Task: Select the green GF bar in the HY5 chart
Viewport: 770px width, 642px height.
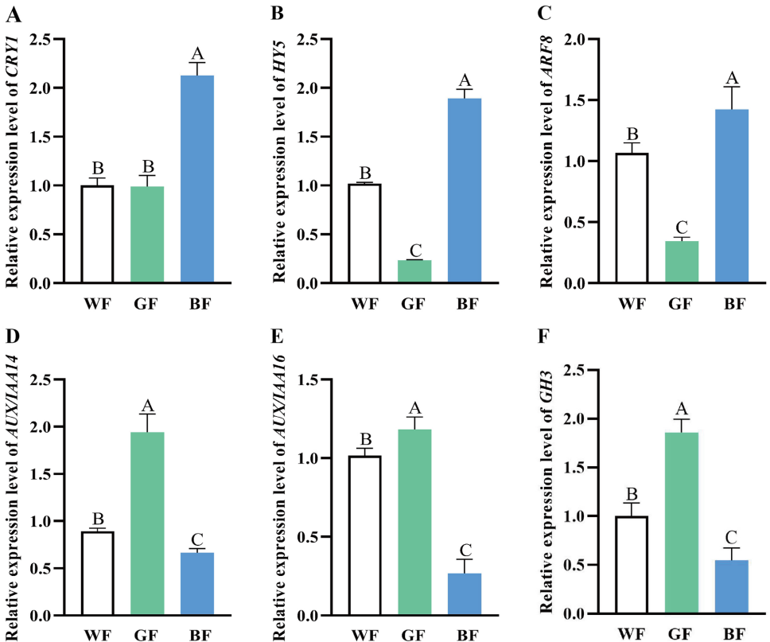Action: (414, 271)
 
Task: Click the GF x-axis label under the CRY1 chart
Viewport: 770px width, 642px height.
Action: (147, 302)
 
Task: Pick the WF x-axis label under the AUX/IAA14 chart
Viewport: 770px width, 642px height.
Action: (97, 634)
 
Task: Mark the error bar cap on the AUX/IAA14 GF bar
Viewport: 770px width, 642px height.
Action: (147, 414)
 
